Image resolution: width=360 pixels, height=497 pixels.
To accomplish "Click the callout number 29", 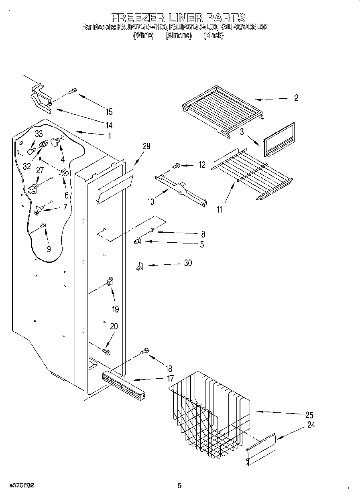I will pyautogui.click(x=146, y=146).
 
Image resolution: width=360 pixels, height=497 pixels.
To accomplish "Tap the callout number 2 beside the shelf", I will pyautogui.click(x=296, y=98).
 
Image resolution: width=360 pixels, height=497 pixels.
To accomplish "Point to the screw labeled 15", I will pyautogui.click(x=73, y=91).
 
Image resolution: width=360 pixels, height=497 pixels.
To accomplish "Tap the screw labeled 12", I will pyautogui.click(x=176, y=165).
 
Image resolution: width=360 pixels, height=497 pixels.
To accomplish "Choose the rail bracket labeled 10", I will pyautogui.click(x=181, y=189).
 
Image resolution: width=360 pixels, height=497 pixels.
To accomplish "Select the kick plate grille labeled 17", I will pyautogui.click(x=124, y=385).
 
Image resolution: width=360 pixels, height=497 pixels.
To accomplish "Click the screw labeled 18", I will pyautogui.click(x=145, y=352).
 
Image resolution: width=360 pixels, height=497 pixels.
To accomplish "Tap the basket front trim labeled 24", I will pyautogui.click(x=261, y=450).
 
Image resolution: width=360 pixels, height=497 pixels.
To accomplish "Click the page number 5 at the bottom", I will pyautogui.click(x=180, y=486).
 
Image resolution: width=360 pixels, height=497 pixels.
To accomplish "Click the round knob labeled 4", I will pyautogui.click(x=55, y=143).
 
